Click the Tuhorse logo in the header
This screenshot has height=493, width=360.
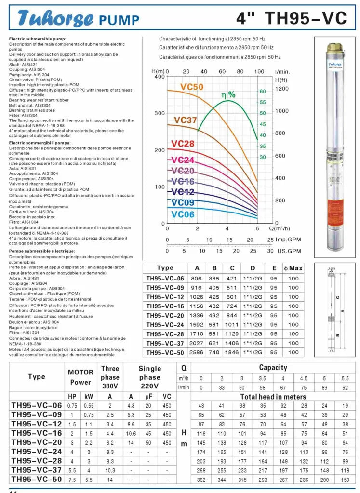click(55, 18)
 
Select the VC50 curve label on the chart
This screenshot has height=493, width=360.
click(192, 87)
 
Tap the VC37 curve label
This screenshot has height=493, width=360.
click(185, 120)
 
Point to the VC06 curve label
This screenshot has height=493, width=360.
click(183, 214)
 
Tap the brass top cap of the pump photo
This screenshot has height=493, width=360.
click(333, 48)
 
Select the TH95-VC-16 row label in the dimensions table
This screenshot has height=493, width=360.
click(165, 306)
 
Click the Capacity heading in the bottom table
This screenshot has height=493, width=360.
click(273, 367)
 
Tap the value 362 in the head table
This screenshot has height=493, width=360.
click(201, 480)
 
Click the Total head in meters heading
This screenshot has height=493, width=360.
click(273, 397)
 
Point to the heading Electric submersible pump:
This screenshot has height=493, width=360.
click(38, 39)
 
